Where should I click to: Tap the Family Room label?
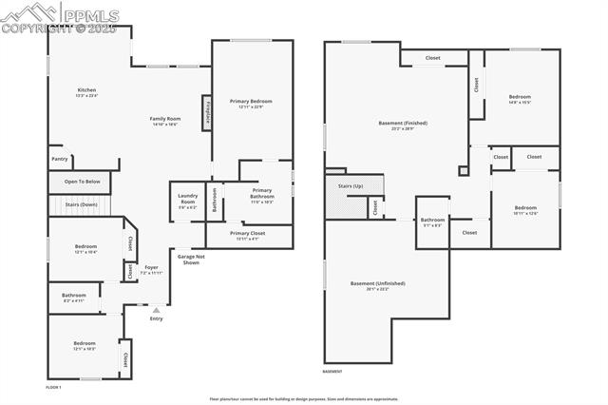click(163, 121)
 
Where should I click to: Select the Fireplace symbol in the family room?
click(206, 112)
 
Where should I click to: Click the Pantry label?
click(59, 159)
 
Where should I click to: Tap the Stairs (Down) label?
click(81, 204)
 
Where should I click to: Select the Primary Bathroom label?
click(261, 194)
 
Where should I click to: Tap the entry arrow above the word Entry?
click(156, 308)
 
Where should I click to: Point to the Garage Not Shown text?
click(191, 260)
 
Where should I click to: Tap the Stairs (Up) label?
click(351, 186)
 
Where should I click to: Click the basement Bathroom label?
click(433, 222)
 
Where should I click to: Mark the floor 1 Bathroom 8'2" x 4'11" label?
click(74, 298)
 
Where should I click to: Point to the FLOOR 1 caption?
click(53, 388)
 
